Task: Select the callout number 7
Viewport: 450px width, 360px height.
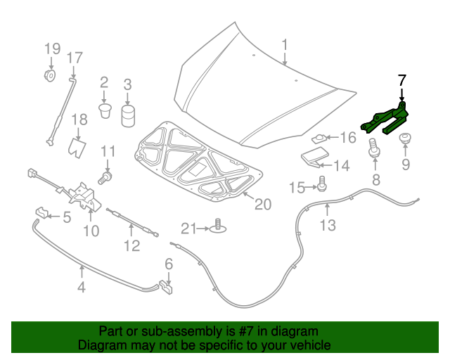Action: (x=401, y=79)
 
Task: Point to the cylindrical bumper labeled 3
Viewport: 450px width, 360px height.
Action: (x=127, y=115)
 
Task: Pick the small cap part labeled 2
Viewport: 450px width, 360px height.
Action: (x=105, y=110)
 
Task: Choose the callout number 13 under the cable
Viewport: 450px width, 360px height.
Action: (x=328, y=225)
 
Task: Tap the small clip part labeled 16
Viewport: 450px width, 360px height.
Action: (x=319, y=138)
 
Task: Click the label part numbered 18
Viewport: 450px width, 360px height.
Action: (x=78, y=146)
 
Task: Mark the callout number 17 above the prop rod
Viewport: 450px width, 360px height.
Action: (x=75, y=58)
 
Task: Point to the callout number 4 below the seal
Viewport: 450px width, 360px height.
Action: (x=82, y=287)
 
